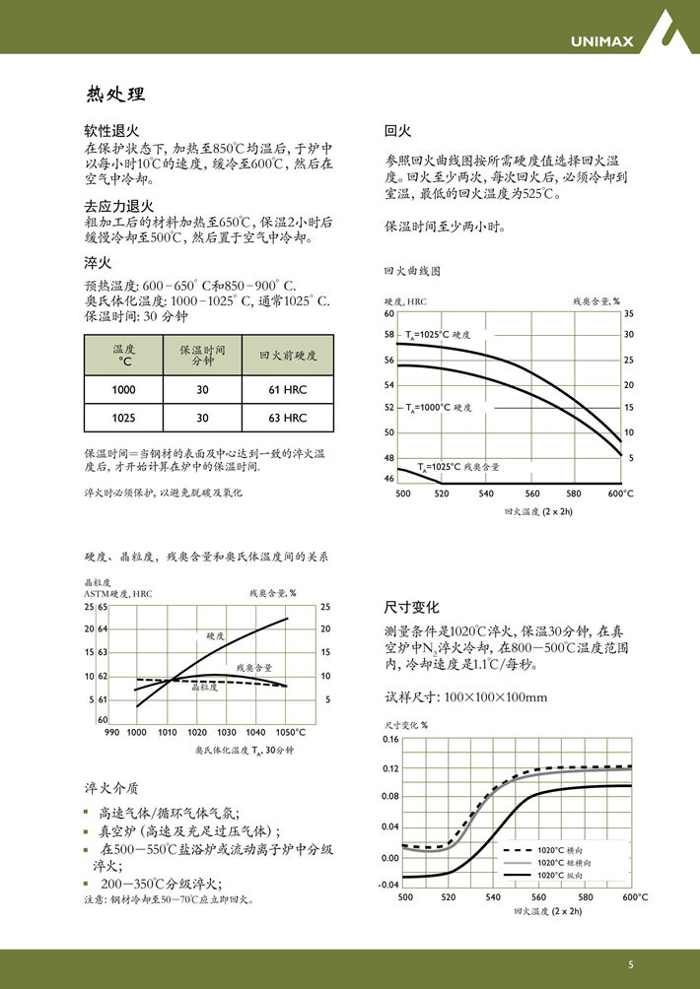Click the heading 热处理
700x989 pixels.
click(x=115, y=95)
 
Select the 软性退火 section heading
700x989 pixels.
click(x=111, y=130)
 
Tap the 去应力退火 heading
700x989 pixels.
click(x=118, y=205)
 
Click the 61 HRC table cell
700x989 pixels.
click(x=287, y=390)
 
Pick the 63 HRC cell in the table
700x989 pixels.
click(x=287, y=418)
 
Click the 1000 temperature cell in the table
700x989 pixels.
click(x=124, y=390)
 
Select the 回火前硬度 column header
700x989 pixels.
click(x=287, y=355)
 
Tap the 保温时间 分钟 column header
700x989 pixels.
click(x=202, y=355)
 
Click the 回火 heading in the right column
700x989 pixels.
click(x=396, y=130)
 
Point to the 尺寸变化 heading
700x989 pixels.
click(x=411, y=607)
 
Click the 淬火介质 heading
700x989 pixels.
click(x=111, y=788)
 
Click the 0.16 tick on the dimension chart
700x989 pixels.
click(x=390, y=739)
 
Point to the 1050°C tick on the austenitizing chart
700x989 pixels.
click(x=291, y=732)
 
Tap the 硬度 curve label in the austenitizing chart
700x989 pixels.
click(x=216, y=636)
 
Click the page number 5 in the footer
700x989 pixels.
click(x=631, y=964)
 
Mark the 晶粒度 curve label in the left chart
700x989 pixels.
click(x=204, y=687)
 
